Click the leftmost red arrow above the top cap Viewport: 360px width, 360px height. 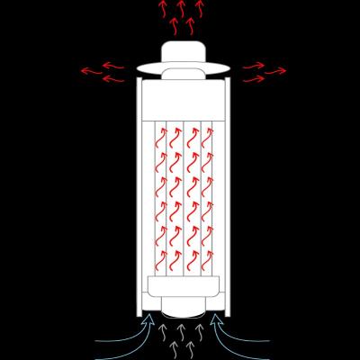(163, 11)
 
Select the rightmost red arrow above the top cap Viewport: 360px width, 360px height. (200, 11)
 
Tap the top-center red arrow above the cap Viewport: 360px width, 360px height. (181, 7)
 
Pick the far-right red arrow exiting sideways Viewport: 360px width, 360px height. (275, 70)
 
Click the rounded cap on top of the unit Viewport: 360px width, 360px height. (183, 51)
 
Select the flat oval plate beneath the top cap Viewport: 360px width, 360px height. (183, 68)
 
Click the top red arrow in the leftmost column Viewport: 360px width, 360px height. (162, 138)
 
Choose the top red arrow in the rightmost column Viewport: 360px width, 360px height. (208, 138)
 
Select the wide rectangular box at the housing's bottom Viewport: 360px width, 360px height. (183, 287)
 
